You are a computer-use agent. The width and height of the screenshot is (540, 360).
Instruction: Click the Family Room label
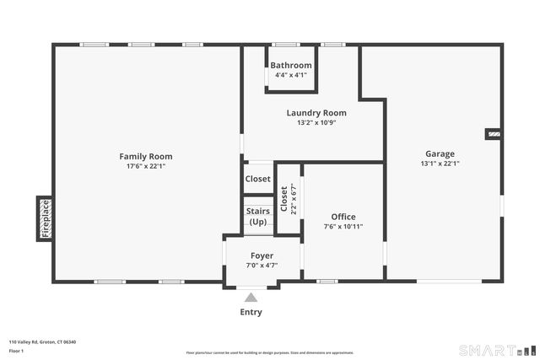[x=145, y=156]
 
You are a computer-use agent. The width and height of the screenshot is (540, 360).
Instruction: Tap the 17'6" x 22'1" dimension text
[x=145, y=166]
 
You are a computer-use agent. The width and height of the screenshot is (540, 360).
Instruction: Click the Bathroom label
[x=291, y=65]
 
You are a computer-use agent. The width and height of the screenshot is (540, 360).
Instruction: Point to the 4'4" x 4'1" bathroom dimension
[x=291, y=75]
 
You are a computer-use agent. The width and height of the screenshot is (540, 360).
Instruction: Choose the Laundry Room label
[x=316, y=112]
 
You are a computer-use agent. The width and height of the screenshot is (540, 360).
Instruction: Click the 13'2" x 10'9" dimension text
[x=316, y=122]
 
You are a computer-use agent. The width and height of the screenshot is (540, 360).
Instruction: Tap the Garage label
[x=440, y=153]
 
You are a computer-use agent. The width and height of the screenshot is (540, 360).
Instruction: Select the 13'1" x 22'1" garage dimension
[x=440, y=164]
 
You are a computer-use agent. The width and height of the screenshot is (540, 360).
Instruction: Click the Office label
[x=343, y=217]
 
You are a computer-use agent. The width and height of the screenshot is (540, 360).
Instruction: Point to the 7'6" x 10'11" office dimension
[x=343, y=226]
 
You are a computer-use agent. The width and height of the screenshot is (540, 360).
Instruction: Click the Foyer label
[x=262, y=255]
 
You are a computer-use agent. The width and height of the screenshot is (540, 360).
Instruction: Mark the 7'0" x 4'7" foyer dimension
[x=262, y=266]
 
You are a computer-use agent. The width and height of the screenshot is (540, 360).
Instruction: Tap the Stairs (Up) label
[x=258, y=216]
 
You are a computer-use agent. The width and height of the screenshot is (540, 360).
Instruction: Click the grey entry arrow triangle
[x=251, y=297]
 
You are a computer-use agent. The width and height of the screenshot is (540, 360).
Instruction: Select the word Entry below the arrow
[x=251, y=312]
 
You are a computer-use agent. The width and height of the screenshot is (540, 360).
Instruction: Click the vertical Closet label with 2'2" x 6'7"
[x=288, y=199]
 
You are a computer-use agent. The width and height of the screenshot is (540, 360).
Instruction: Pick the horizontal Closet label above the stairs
[x=258, y=179]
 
